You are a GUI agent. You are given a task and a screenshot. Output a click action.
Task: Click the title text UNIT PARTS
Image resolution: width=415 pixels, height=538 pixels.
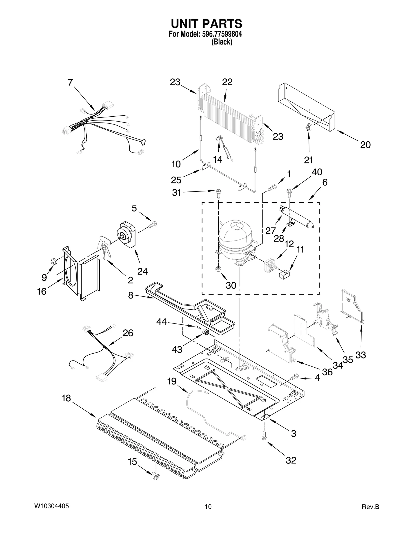pyautogui.click(x=206, y=24)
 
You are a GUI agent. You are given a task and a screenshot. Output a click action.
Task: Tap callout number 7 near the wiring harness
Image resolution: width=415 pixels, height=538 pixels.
pyautogui.click(x=70, y=83)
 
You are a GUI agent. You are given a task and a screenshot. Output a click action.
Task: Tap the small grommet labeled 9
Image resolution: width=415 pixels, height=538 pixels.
pyautogui.click(x=54, y=261)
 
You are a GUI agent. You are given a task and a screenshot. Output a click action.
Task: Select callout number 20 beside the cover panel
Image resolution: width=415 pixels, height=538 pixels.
pyautogui.click(x=365, y=145)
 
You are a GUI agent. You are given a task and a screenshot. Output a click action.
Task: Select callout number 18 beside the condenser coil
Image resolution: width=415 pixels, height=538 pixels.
pyautogui.click(x=66, y=398)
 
